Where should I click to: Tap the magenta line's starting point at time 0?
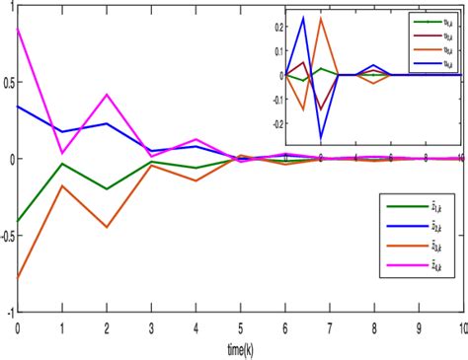point(17,29)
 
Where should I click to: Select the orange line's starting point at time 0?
point(17,278)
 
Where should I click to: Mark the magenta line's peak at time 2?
point(106,95)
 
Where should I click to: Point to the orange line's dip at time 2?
point(106,227)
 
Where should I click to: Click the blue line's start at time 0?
point(17,106)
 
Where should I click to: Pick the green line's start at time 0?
point(17,222)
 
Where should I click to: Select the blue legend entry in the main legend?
point(415,226)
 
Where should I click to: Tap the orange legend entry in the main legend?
point(415,246)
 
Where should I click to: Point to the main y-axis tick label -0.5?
point(8,235)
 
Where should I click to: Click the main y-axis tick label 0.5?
point(8,82)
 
